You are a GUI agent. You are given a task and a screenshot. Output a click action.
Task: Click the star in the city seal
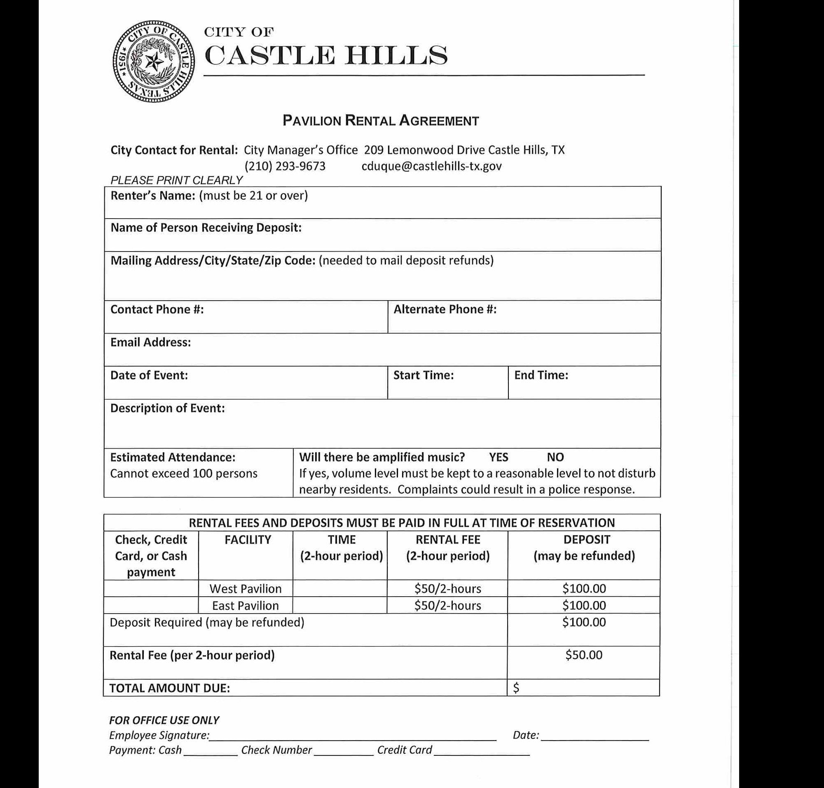pos(154,62)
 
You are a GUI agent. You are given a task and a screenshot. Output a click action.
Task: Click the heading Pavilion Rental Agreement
pos(380,121)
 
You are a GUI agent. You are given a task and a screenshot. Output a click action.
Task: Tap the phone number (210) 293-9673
pos(285,166)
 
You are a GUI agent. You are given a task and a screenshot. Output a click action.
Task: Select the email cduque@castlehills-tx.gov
pos(431,166)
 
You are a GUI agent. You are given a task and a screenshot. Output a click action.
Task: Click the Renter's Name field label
pos(152,196)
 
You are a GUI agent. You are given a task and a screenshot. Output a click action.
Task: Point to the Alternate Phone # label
pos(445,310)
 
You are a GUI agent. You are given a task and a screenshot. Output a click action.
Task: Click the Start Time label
pos(423,375)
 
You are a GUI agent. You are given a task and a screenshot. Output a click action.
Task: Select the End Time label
pos(541,375)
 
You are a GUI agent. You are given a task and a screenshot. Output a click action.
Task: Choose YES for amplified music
pos(498,457)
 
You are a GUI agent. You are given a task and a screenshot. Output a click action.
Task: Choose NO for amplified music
pos(555,457)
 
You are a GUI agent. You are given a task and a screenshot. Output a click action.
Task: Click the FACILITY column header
pos(248,540)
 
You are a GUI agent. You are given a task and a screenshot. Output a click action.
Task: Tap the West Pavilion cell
pos(246,589)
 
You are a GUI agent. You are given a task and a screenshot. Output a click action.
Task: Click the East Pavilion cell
pos(246,606)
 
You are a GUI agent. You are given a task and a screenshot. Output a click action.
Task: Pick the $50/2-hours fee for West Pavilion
pos(447,589)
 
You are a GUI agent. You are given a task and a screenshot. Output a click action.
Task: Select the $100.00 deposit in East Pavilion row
pos(584,606)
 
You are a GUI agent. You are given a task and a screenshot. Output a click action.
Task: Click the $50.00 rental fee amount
pos(583,655)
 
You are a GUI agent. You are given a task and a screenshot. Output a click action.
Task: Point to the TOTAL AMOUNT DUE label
pos(170,689)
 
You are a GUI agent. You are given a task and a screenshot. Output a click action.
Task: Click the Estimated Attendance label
pos(173,457)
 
